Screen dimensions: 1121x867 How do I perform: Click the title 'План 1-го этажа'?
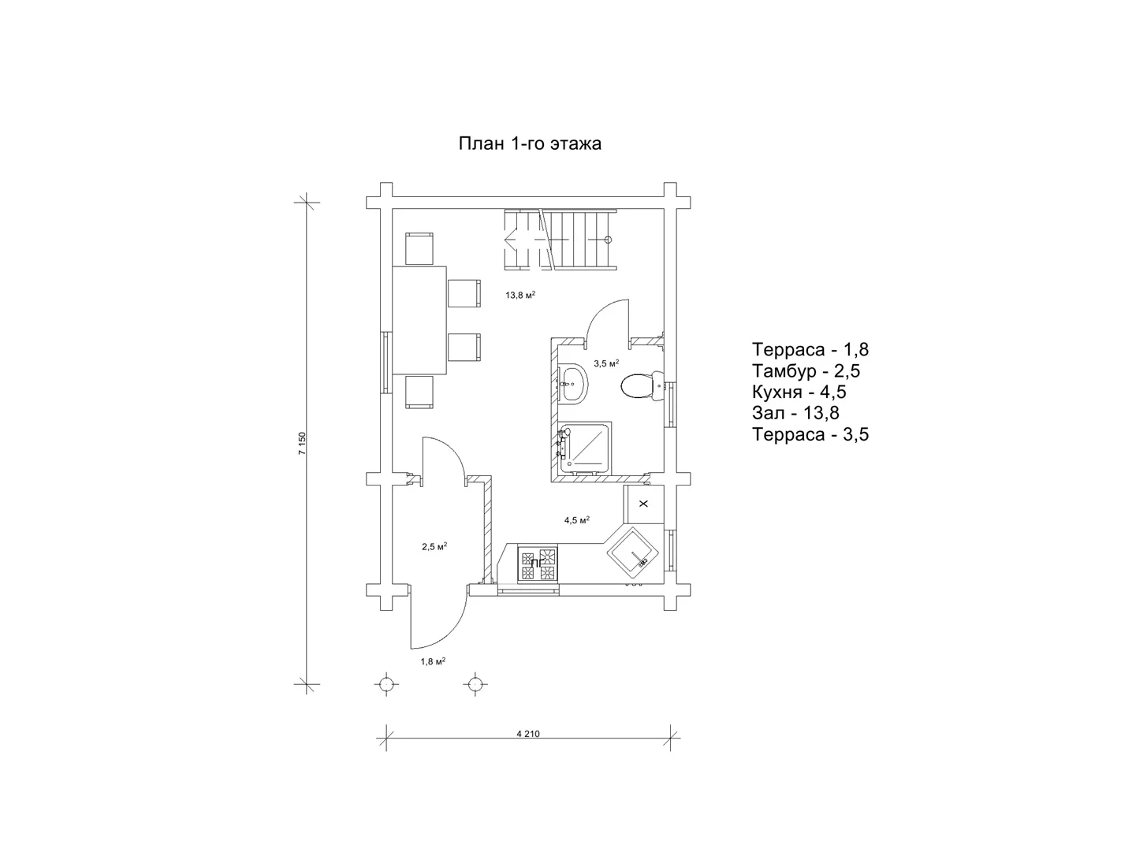coord(530,143)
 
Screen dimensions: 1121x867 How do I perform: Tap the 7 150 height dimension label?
coord(302,444)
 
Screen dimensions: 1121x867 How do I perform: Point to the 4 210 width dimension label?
coord(527,734)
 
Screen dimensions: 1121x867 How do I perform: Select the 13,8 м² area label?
coord(520,295)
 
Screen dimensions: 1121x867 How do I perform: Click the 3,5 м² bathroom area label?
coord(606,363)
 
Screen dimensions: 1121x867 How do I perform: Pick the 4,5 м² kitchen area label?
coord(577,520)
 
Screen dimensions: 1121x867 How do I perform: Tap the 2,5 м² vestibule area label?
coord(434,546)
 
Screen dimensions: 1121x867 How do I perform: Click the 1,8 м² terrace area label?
coord(433,661)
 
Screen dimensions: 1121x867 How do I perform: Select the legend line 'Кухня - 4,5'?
coord(799,392)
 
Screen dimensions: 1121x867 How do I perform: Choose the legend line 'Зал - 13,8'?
coord(795,413)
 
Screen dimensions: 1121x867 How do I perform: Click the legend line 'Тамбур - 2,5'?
coord(806,370)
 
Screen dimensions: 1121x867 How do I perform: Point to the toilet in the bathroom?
coord(642,385)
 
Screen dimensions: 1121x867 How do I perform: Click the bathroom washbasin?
coord(573,383)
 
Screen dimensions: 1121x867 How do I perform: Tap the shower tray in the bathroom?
coord(585,448)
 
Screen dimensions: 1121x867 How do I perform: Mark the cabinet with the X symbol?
coord(643,504)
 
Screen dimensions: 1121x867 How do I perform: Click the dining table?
coord(419,320)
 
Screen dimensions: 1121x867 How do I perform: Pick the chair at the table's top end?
coord(419,249)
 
